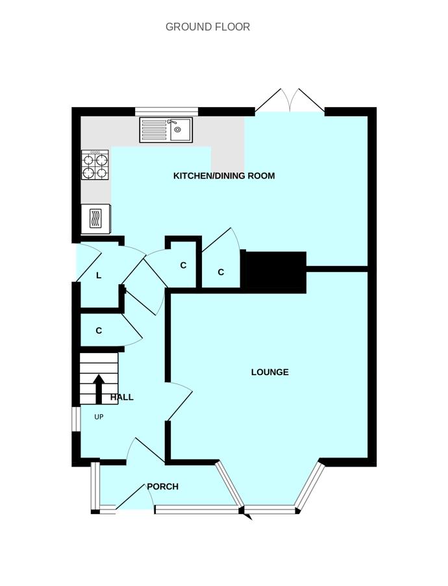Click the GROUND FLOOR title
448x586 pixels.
coord(208,27)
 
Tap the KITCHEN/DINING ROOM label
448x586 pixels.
coord(224,176)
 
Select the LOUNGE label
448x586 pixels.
coord(270,372)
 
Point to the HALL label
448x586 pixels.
coord(122,397)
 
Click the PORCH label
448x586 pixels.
coord(162,486)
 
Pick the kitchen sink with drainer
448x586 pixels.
coord(166,130)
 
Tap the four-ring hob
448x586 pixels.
coord(95,165)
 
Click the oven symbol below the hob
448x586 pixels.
coord(95,219)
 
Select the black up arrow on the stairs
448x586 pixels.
coord(99,389)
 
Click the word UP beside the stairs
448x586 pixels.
coord(99,417)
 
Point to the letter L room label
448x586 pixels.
coord(99,275)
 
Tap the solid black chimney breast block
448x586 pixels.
coord(273,271)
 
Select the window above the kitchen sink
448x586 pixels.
coord(166,111)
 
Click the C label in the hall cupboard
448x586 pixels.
coord(99,331)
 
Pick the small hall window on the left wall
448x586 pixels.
coord(75,418)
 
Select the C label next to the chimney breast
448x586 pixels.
coord(221,273)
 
